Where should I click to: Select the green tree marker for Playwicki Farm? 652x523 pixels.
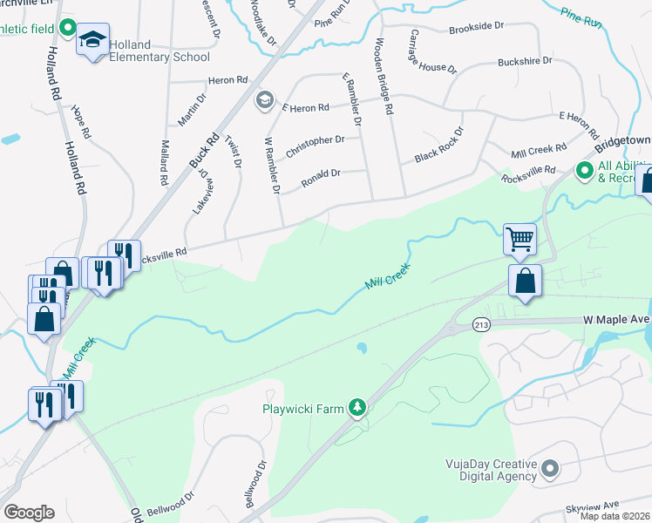coord(357,407)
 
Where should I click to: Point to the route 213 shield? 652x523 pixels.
coord(481,324)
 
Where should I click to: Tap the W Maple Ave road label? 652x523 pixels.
coord(616,321)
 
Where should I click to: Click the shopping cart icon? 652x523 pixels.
coord(520,237)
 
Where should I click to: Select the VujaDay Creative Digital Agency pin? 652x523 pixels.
coord(549,470)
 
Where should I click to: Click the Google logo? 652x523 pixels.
coord(29,513)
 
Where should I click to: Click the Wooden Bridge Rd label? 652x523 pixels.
coord(384,77)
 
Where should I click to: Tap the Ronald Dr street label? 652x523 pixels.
coord(320,178)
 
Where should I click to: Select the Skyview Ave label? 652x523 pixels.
coord(592,505)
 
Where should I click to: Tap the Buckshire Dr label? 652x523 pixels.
coord(525,61)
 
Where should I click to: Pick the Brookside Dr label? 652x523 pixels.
coord(477,29)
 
